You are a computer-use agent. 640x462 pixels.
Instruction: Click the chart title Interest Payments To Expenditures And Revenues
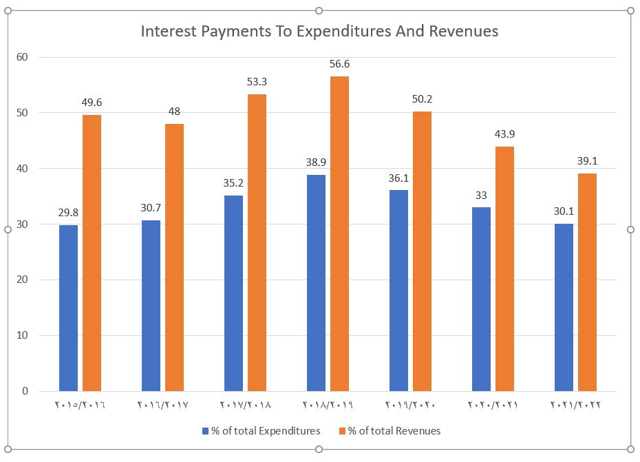pyautogui.click(x=319, y=31)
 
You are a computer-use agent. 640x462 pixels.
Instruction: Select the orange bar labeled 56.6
pyautogui.click(x=339, y=234)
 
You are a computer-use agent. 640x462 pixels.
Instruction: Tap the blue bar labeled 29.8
pyautogui.click(x=68, y=308)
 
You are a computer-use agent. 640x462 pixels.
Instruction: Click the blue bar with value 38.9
pyautogui.click(x=316, y=282)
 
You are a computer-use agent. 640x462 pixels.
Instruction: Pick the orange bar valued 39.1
pyautogui.click(x=587, y=282)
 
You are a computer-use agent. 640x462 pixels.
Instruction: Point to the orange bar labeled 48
pyautogui.click(x=174, y=258)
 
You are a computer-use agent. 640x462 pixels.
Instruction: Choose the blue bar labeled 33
pyautogui.click(x=481, y=299)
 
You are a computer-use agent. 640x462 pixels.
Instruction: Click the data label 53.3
pyautogui.click(x=257, y=82)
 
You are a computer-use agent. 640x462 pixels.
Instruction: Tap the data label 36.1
pyautogui.click(x=398, y=178)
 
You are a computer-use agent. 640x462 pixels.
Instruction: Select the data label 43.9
pyautogui.click(x=504, y=134)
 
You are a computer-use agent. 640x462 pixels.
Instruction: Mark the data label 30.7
pyautogui.click(x=151, y=208)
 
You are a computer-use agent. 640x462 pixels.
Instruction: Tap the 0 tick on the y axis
pyautogui.click(x=25, y=391)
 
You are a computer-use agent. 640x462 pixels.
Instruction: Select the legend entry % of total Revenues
pyautogui.click(x=394, y=431)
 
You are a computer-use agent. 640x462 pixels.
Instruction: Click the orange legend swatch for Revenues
pyautogui.click(x=342, y=431)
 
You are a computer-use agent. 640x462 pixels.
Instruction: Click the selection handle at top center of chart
pyautogui.click(x=319, y=10)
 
